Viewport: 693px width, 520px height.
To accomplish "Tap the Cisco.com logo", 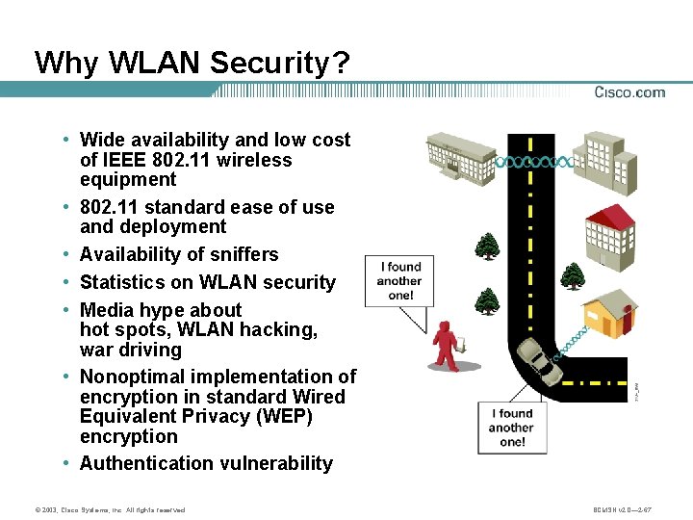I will [629, 92].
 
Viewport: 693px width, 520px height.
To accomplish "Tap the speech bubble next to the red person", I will [399, 281].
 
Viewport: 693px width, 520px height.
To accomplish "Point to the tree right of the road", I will [573, 276].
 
